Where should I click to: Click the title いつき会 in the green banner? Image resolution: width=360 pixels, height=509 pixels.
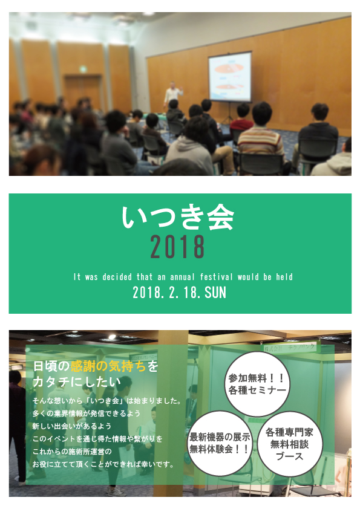(x=178, y=218)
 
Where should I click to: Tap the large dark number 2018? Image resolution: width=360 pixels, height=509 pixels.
(x=177, y=247)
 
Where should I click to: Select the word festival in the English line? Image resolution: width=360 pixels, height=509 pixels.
(x=217, y=277)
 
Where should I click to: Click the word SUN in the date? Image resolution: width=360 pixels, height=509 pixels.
(x=215, y=293)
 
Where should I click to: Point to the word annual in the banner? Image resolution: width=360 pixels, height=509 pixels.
(x=182, y=277)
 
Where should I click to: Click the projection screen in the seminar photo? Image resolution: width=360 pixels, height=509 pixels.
(x=230, y=77)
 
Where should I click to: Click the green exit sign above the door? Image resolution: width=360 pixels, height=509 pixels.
(x=83, y=69)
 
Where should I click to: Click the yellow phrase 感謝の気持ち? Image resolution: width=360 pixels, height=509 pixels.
(x=108, y=366)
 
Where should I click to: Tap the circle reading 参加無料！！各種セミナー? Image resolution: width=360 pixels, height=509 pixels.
(x=257, y=384)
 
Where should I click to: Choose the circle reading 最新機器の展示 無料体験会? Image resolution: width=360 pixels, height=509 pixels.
(x=220, y=443)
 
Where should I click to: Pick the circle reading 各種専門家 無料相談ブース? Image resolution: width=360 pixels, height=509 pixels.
(x=290, y=444)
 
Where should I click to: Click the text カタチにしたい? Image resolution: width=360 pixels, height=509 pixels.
(x=77, y=382)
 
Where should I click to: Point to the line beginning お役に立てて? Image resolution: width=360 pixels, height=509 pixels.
(x=103, y=464)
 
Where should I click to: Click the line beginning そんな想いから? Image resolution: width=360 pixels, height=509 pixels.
(x=107, y=401)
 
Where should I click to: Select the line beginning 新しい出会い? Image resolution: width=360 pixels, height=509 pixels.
(x=72, y=426)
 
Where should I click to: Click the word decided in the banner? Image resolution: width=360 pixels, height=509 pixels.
(x=117, y=277)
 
